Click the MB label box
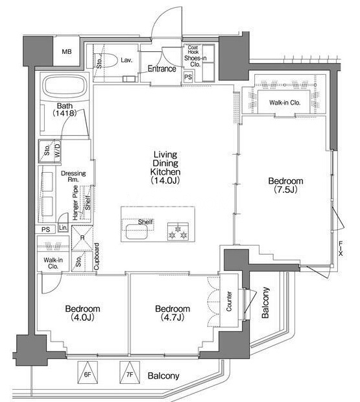(66, 51)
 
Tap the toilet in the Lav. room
(106, 60)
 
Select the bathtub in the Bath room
(65, 85)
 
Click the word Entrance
(162, 69)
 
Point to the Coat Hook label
(193, 49)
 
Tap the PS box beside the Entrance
(188, 77)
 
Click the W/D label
(58, 150)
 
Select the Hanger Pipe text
(75, 203)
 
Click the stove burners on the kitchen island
(178, 231)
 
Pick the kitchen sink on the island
(136, 231)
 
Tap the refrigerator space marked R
(82, 238)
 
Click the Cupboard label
(97, 257)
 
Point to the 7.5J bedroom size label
(285, 190)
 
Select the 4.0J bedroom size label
(82, 318)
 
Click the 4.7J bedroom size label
(173, 318)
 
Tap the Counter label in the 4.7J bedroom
(229, 301)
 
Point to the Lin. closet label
(63, 227)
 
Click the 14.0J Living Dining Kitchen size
(165, 181)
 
